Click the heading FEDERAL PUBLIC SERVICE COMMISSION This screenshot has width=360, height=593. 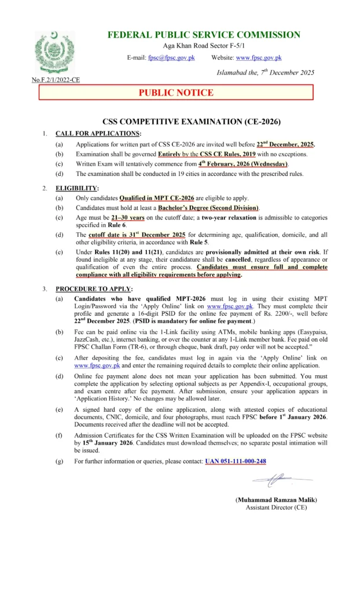(x=204, y=35)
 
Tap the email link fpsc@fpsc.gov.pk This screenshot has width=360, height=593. (x=171, y=58)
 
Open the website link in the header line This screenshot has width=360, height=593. (x=258, y=58)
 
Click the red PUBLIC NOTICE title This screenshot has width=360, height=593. (x=176, y=93)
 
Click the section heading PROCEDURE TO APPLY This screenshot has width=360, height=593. (x=94, y=288)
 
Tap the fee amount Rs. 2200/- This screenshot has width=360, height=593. (x=285, y=313)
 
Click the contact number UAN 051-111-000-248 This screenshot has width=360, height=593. (x=236, y=461)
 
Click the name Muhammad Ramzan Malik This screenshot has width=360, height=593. (x=276, y=500)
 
